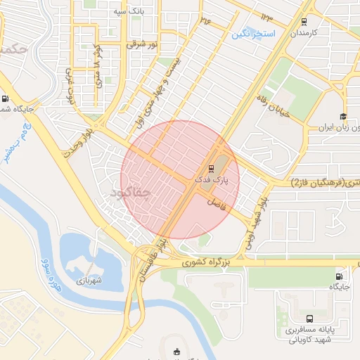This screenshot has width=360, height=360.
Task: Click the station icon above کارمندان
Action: tap(304, 21)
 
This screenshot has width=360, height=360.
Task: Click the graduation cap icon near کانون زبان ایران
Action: tap(343, 117)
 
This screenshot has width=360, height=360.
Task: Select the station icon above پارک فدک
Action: tap(211, 168)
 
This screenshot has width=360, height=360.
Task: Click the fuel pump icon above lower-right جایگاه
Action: tap(340, 276)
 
